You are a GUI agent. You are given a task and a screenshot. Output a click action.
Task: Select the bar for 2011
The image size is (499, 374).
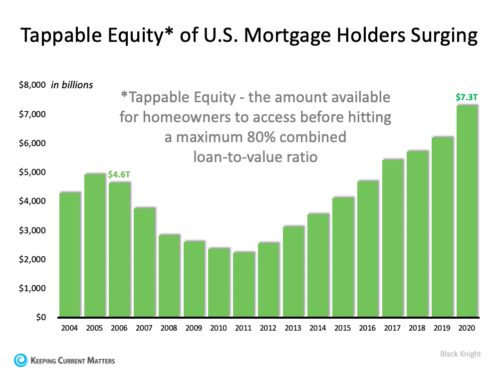[244, 284]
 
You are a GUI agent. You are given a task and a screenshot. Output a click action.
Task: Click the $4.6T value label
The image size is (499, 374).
[120, 175]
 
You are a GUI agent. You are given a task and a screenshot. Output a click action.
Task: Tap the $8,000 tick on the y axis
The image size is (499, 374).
[31, 85]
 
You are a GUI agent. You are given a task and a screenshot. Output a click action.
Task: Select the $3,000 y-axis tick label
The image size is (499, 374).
[31, 230]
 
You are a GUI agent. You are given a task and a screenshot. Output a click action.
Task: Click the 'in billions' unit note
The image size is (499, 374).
[72, 85]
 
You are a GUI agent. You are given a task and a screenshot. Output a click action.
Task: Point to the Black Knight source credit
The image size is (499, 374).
[460, 354]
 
